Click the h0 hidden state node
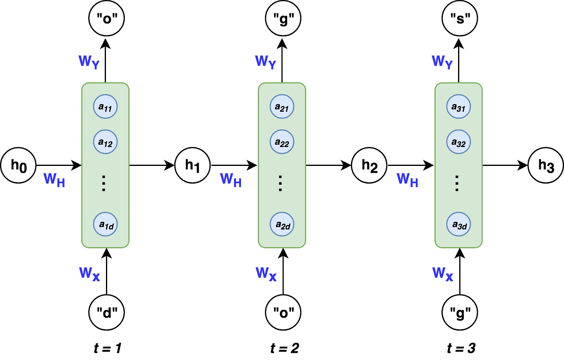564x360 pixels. pos(19,165)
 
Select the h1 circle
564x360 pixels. pos(193,165)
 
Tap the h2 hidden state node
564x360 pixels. pos(369,165)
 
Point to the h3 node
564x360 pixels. pos(546,165)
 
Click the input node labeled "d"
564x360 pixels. pos(106,312)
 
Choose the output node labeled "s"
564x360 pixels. pos(460,19)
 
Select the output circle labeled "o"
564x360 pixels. pos(106,19)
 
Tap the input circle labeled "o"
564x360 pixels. pos(283,312)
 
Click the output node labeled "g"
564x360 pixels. pos(283,19)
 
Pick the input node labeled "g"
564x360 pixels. pos(460,312)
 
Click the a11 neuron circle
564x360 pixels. pos(106,107)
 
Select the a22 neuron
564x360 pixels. pos(282,142)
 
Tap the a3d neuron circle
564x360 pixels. pos(458,225)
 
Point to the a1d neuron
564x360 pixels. pos(106,225)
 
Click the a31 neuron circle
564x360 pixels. pos(458,107)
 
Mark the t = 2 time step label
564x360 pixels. pos(284,348)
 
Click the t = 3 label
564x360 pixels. pos(461,348)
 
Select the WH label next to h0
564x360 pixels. pos(54,180)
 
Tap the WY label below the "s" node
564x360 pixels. pos(442,62)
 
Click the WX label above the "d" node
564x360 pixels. pos(89,274)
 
